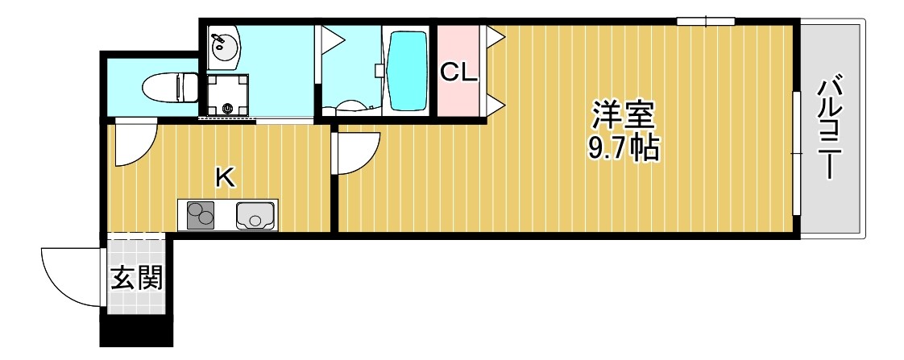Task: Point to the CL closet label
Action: pos(458,73)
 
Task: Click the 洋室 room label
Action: pos(623,115)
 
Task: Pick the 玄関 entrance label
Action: pos(136,279)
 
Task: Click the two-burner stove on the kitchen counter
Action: pos(201,216)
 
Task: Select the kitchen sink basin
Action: pos(255,216)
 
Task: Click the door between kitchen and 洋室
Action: pos(355,153)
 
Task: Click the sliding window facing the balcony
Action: pos(796,153)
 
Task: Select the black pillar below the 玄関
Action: pos(135,330)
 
